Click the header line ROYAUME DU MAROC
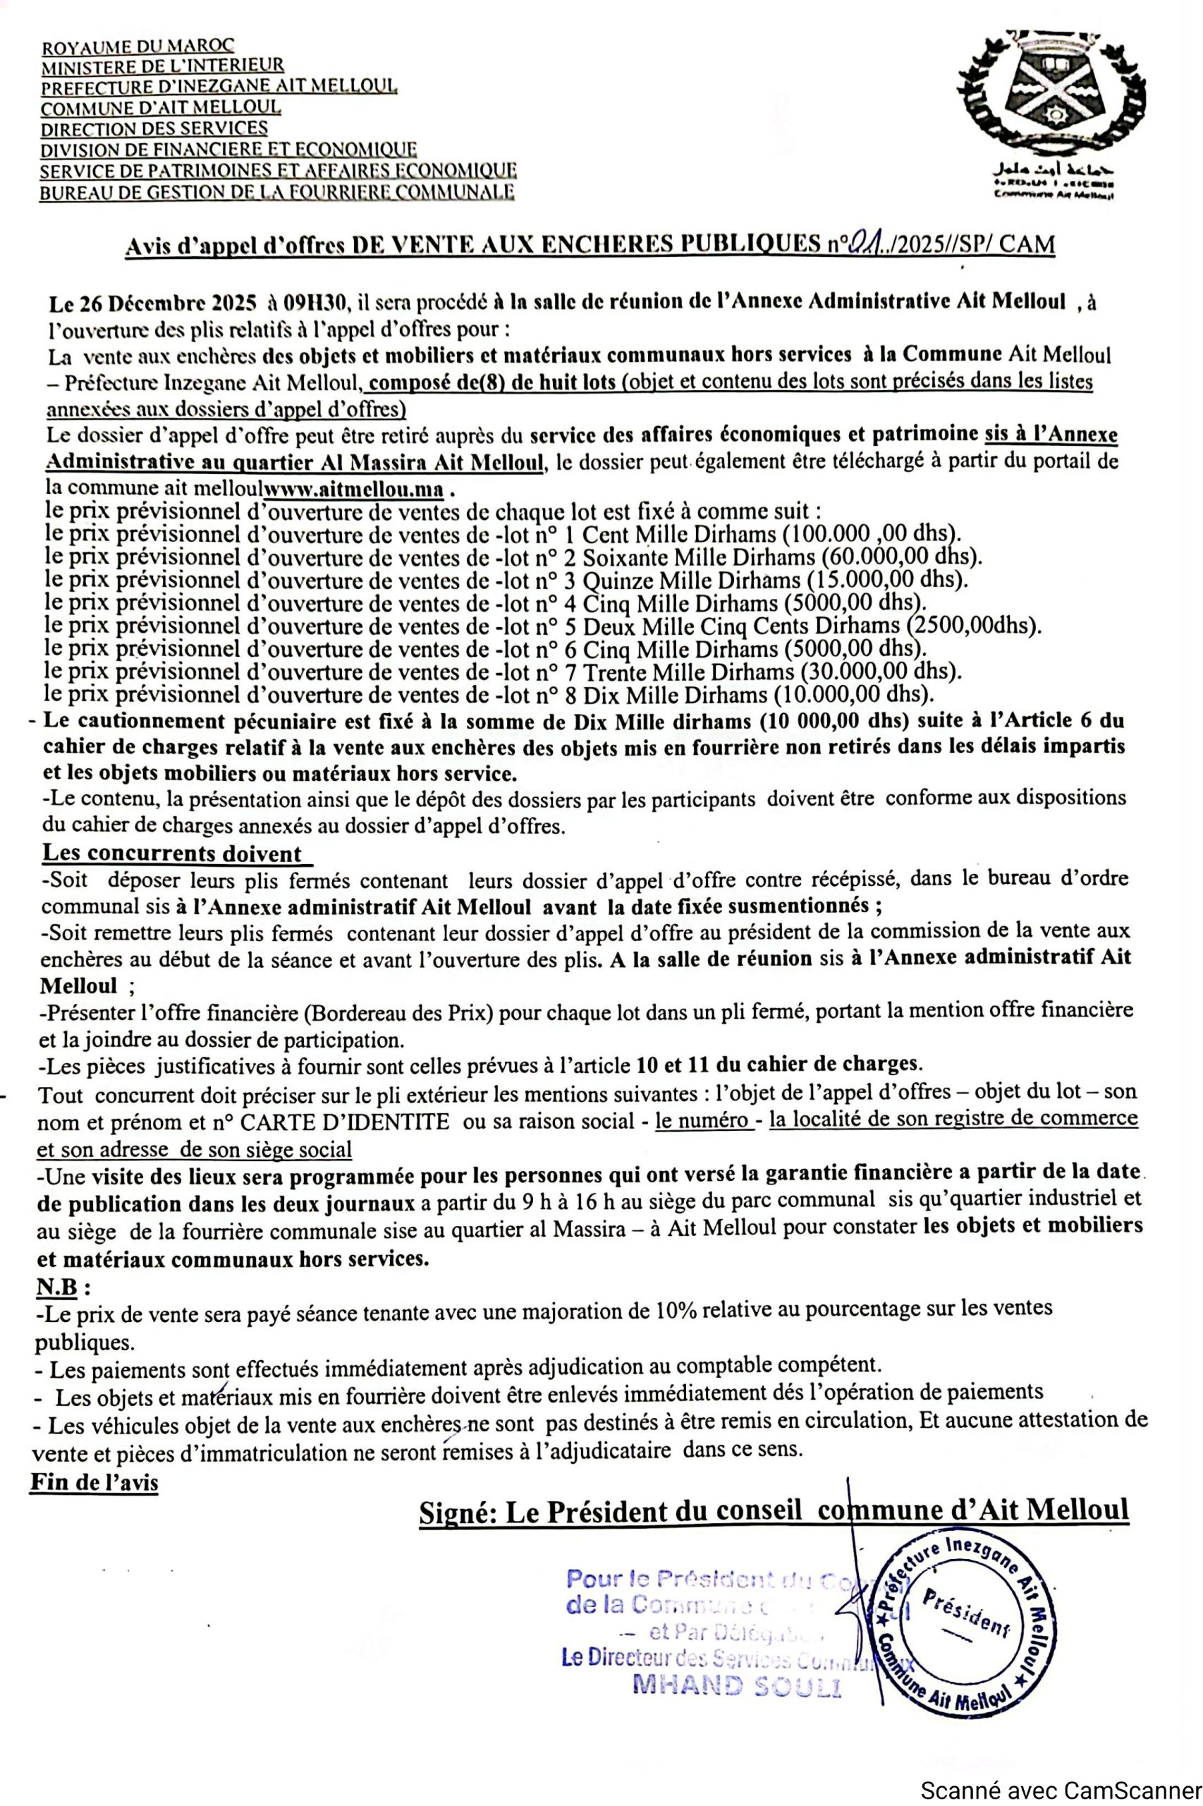click(138, 47)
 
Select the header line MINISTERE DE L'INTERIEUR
click(162, 67)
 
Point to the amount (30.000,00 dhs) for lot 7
click(881, 672)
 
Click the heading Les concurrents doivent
click(172, 853)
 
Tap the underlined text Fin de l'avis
click(94, 1482)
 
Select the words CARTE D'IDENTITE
click(346, 1122)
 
